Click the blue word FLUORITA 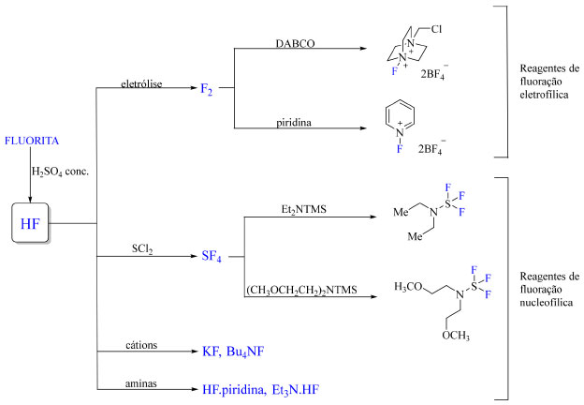pyautogui.click(x=32, y=141)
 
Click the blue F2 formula pyautogui.click(x=208, y=89)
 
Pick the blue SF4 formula pyautogui.click(x=212, y=255)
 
